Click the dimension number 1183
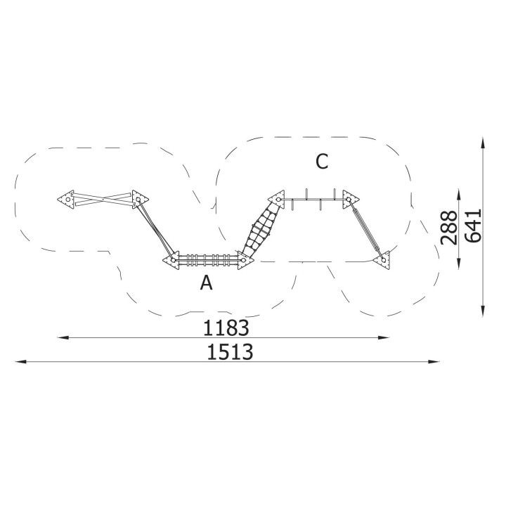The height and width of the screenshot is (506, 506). click(x=226, y=328)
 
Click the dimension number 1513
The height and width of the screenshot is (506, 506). click(x=230, y=352)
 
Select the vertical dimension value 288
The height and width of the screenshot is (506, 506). click(x=449, y=228)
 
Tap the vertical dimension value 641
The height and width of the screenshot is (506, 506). click(x=473, y=226)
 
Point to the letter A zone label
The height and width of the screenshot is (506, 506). click(x=206, y=283)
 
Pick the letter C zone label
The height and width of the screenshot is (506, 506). click(x=322, y=162)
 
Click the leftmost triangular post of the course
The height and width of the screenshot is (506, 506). click(x=66, y=200)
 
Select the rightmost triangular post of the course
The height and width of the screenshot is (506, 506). click(x=382, y=260)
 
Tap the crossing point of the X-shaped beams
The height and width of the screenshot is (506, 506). click(x=103, y=200)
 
